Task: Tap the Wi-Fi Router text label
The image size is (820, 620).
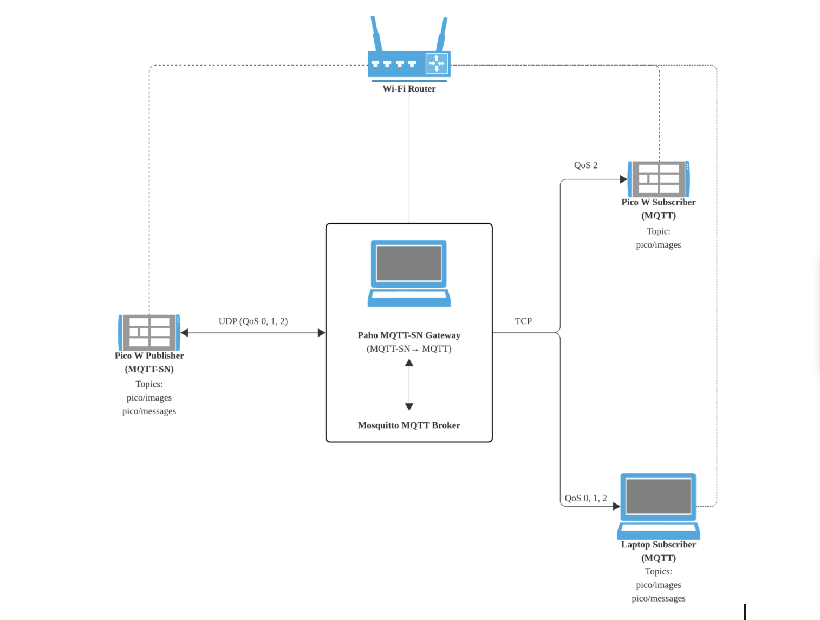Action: click(409, 89)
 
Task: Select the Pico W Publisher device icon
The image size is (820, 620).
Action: click(149, 332)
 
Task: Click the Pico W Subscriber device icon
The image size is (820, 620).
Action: click(659, 179)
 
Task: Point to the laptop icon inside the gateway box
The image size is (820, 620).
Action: click(409, 273)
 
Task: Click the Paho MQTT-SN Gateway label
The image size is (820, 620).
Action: click(409, 335)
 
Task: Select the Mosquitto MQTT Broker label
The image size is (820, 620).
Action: click(409, 425)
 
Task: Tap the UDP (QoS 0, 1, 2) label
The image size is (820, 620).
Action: click(253, 321)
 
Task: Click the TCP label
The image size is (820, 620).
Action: click(523, 321)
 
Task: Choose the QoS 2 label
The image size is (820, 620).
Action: click(585, 165)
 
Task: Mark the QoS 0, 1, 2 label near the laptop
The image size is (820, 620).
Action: click(585, 498)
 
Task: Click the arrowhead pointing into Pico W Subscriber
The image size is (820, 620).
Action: click(623, 179)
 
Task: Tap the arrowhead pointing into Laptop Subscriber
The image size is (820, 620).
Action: click(616, 506)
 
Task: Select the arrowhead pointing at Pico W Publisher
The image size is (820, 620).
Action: click(185, 333)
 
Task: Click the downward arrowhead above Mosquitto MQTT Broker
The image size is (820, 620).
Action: click(409, 406)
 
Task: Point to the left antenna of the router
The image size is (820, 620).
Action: click(376, 34)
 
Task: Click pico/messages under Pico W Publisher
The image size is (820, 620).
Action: click(149, 411)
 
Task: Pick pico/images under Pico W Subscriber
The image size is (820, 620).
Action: click(659, 245)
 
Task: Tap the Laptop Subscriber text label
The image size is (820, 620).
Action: click(659, 545)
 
